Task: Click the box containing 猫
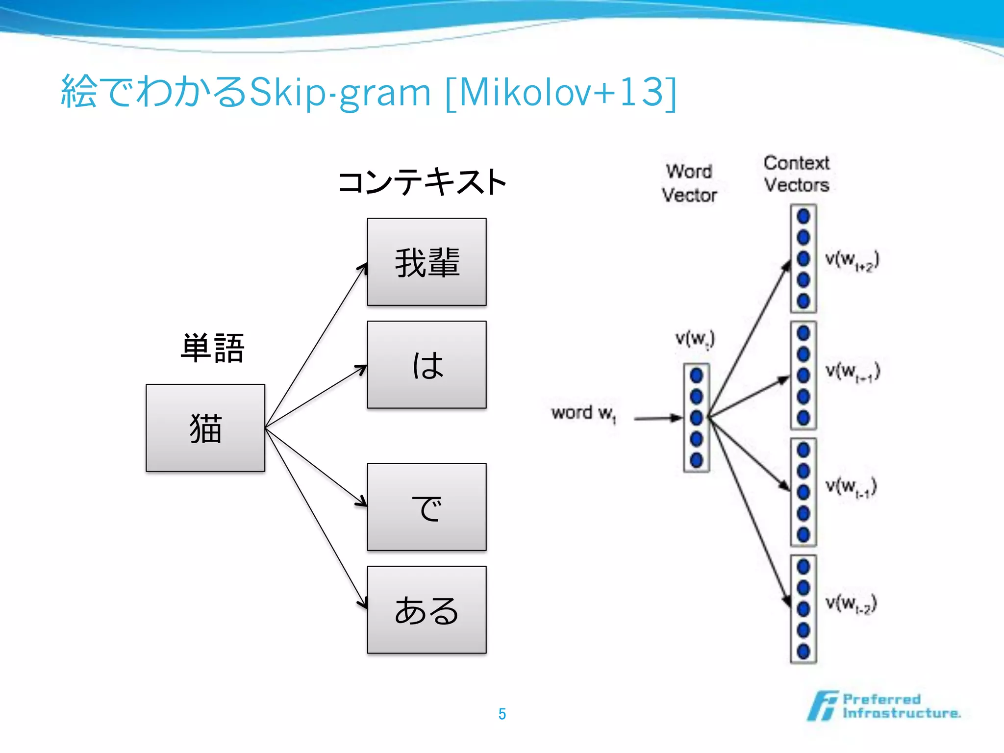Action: tap(205, 427)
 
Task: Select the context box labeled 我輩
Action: tap(427, 262)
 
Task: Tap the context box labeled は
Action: tap(427, 365)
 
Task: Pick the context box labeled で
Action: tap(427, 507)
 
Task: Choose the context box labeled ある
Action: tap(427, 610)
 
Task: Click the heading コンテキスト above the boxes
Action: tap(422, 182)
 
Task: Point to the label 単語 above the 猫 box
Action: tap(212, 348)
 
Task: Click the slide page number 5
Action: tap(502, 714)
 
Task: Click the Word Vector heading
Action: tap(689, 183)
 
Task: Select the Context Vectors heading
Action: tap(796, 174)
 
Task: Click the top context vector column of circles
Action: tap(803, 258)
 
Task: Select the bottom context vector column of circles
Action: tap(803, 609)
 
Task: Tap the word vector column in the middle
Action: tap(696, 418)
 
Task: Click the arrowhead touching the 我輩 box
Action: tap(363, 268)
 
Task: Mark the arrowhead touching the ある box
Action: tap(363, 602)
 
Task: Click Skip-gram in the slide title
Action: tap(340, 92)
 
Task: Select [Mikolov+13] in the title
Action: tap(561, 92)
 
